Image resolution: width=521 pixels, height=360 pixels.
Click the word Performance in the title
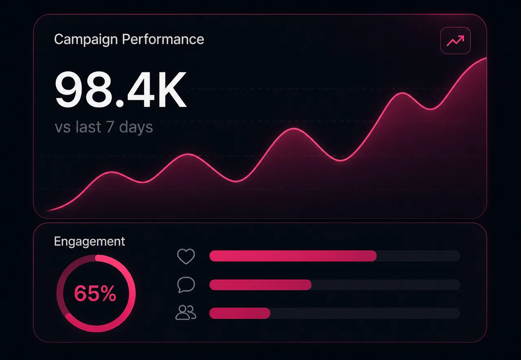click(x=163, y=39)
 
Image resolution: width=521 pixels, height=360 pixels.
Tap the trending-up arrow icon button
click(x=455, y=41)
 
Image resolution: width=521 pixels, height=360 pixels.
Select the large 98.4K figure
click(x=121, y=89)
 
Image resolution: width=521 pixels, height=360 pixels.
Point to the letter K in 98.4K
click(x=172, y=89)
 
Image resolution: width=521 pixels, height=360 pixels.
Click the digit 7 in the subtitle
click(x=110, y=127)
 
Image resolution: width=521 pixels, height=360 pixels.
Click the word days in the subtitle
click(x=136, y=127)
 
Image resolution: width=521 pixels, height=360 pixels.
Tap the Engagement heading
click(x=90, y=241)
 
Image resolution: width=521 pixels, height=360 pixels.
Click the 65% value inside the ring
click(x=95, y=293)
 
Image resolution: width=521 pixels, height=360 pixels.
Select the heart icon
click(x=186, y=256)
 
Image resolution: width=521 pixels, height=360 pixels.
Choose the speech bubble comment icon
click(x=186, y=285)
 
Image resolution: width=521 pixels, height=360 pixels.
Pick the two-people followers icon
click(x=186, y=312)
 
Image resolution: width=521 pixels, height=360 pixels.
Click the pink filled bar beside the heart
click(x=293, y=256)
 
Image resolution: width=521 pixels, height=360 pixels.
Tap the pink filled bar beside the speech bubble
click(x=260, y=285)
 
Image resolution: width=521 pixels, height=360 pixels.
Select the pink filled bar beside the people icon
click(x=240, y=313)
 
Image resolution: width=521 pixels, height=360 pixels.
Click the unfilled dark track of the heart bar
click(x=418, y=256)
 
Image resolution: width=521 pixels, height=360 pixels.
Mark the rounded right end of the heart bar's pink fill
click(x=376, y=256)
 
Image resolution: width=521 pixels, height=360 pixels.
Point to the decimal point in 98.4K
click(x=120, y=103)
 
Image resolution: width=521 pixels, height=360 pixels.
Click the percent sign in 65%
click(x=107, y=293)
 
